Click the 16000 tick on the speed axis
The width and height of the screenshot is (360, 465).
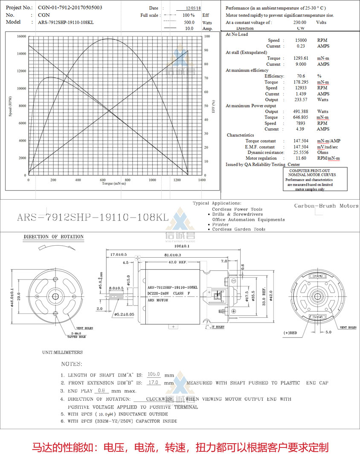pyautogui.click(x=21, y=36)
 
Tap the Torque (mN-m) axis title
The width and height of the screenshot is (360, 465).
pyautogui.click(x=114, y=183)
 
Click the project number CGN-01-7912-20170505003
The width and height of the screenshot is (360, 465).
pyautogui.click(x=70, y=8)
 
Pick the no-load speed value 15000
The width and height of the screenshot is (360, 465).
pyautogui.click(x=301, y=40)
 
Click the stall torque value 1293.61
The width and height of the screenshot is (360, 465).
pyautogui.click(x=301, y=58)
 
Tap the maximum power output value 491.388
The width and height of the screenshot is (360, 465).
pyautogui.click(x=301, y=111)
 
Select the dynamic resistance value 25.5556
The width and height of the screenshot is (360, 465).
pyautogui.click(x=301, y=152)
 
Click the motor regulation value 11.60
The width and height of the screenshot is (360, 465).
pyautogui.click(x=301, y=158)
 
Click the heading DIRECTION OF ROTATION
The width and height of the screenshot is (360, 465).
pyautogui.click(x=53, y=237)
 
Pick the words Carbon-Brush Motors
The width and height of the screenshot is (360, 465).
pyautogui.click(x=326, y=206)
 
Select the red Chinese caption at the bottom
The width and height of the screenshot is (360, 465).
pyautogui.click(x=180, y=448)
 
